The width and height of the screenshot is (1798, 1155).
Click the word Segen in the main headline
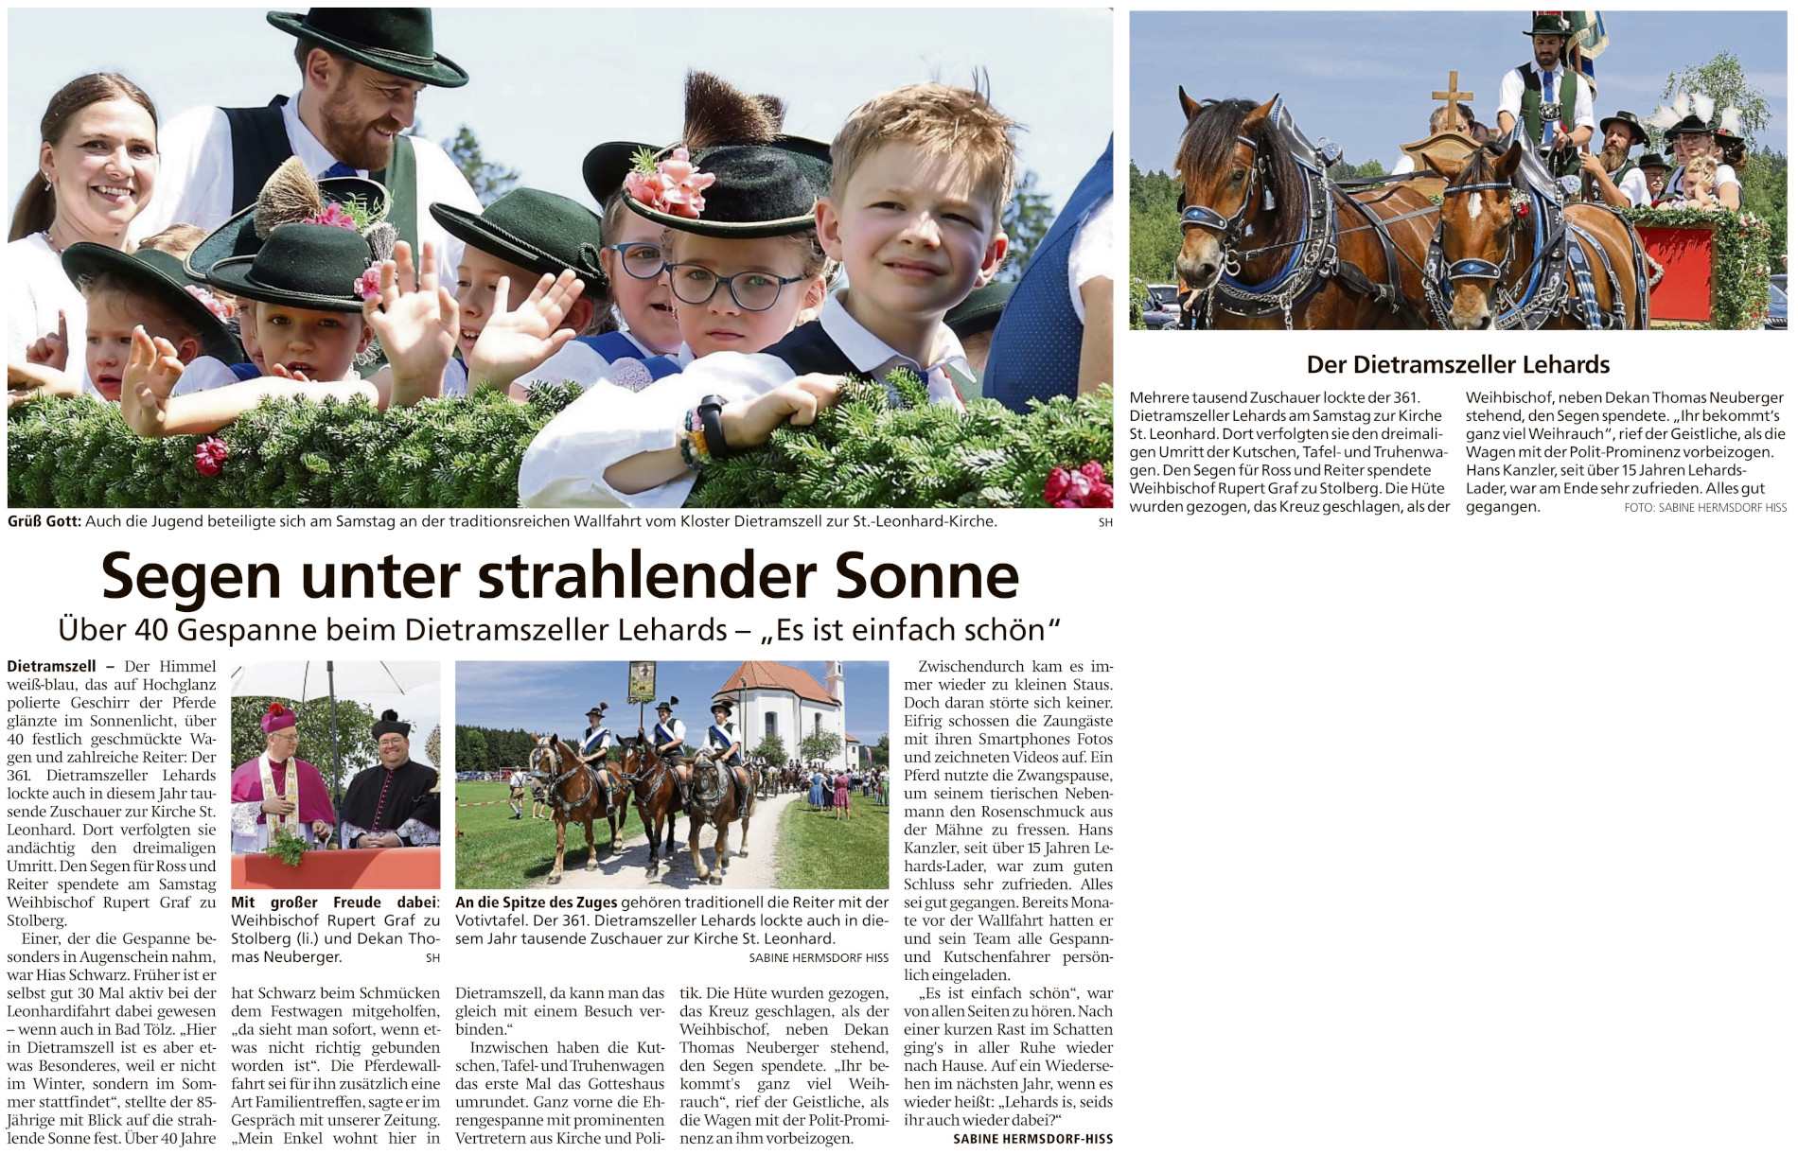tap(191, 576)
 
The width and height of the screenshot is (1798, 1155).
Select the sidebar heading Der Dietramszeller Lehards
tap(1457, 364)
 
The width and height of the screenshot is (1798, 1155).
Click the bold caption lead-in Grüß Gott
tap(44, 521)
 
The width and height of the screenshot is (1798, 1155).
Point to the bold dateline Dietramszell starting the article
tap(51, 667)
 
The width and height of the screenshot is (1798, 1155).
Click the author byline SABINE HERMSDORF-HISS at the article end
tap(1032, 1139)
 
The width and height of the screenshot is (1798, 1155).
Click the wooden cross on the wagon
tap(1452, 99)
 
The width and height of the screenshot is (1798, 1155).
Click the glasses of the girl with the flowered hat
tap(734, 285)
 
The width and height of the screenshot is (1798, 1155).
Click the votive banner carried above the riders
tap(643, 681)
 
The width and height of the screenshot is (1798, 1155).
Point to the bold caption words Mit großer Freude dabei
tap(335, 902)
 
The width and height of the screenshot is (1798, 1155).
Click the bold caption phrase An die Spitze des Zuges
tap(536, 902)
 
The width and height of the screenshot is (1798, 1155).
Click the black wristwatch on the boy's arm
tap(712, 428)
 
